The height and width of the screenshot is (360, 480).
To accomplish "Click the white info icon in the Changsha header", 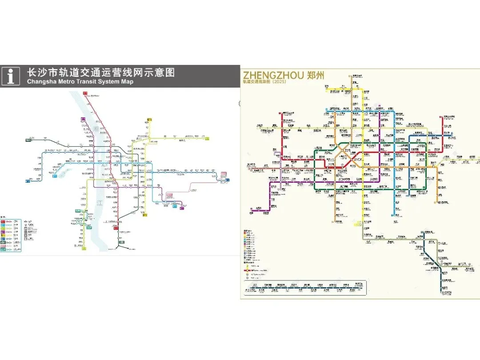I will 10,76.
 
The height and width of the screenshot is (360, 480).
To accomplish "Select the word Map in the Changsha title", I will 127,82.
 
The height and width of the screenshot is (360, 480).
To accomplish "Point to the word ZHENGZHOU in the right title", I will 272,75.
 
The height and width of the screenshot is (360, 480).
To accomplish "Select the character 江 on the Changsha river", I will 99,203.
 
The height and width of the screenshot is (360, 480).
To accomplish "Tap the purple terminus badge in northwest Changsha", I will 83,119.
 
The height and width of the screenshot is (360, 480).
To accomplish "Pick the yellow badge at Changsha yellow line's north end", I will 149,120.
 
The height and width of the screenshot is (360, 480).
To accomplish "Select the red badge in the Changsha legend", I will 3,221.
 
